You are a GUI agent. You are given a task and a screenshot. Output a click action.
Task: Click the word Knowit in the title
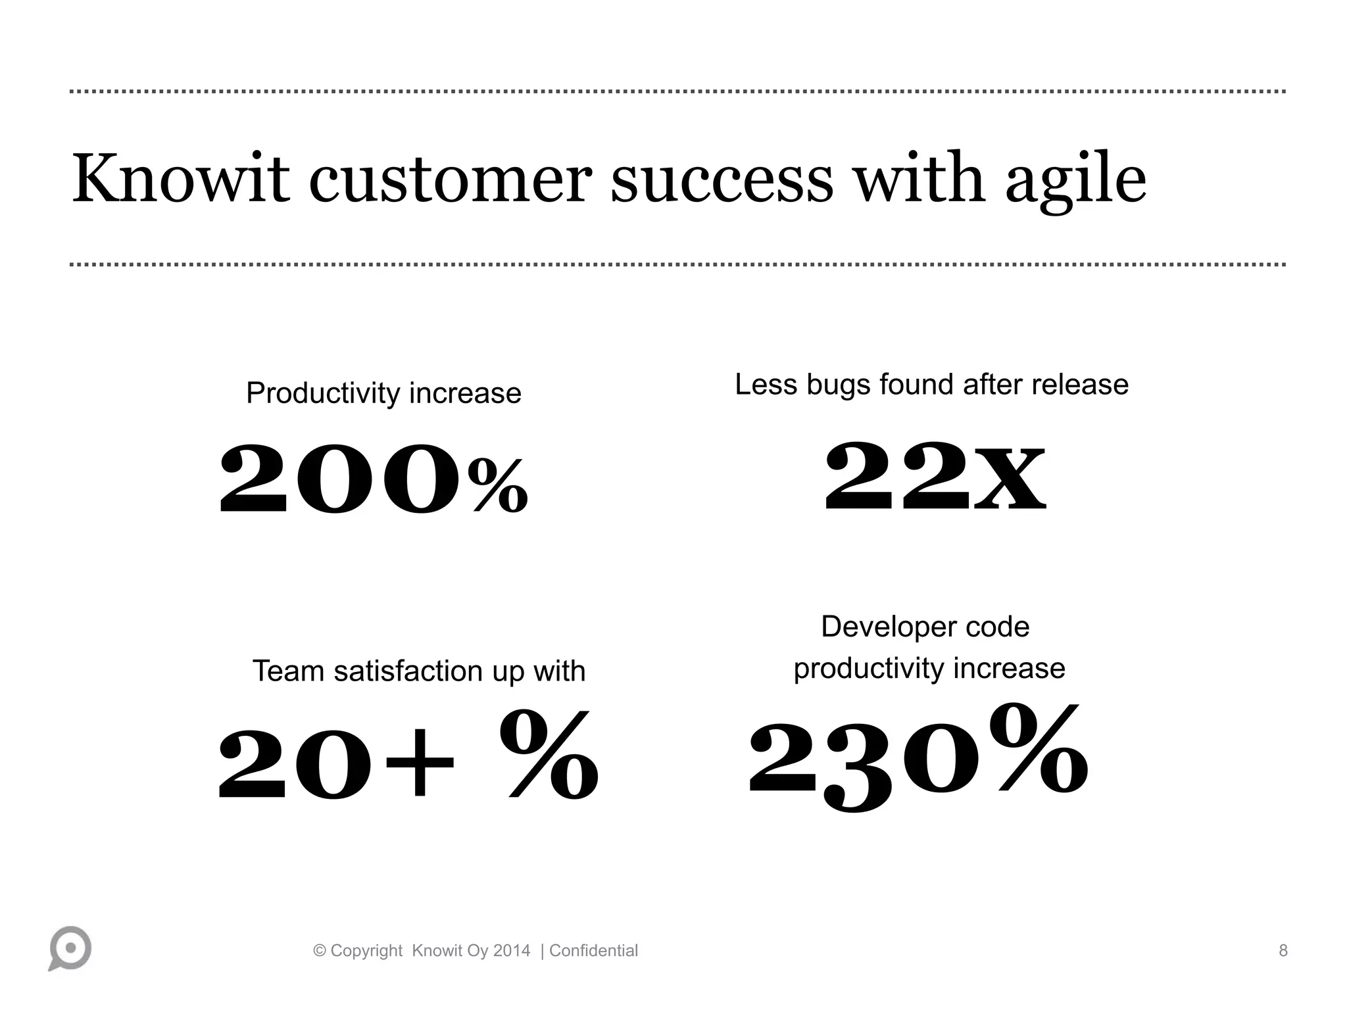pyautogui.click(x=180, y=179)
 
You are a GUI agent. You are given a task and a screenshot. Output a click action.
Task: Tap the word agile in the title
pyautogui.click(x=1075, y=181)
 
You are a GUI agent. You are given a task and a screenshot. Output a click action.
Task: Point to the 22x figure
pyautogui.click(x=935, y=477)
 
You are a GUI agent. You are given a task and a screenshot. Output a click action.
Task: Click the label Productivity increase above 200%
pyautogui.click(x=383, y=393)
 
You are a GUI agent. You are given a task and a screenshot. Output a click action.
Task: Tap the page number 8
pyautogui.click(x=1283, y=951)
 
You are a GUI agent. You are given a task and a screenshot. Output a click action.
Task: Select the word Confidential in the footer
pyautogui.click(x=593, y=951)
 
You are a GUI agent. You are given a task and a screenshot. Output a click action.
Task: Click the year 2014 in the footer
pyautogui.click(x=512, y=951)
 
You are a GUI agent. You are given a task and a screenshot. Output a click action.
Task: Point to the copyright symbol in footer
pyautogui.click(x=320, y=951)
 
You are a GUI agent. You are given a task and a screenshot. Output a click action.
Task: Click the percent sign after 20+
pyautogui.click(x=549, y=756)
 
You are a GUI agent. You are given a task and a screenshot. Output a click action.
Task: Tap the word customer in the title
pyautogui.click(x=451, y=179)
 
